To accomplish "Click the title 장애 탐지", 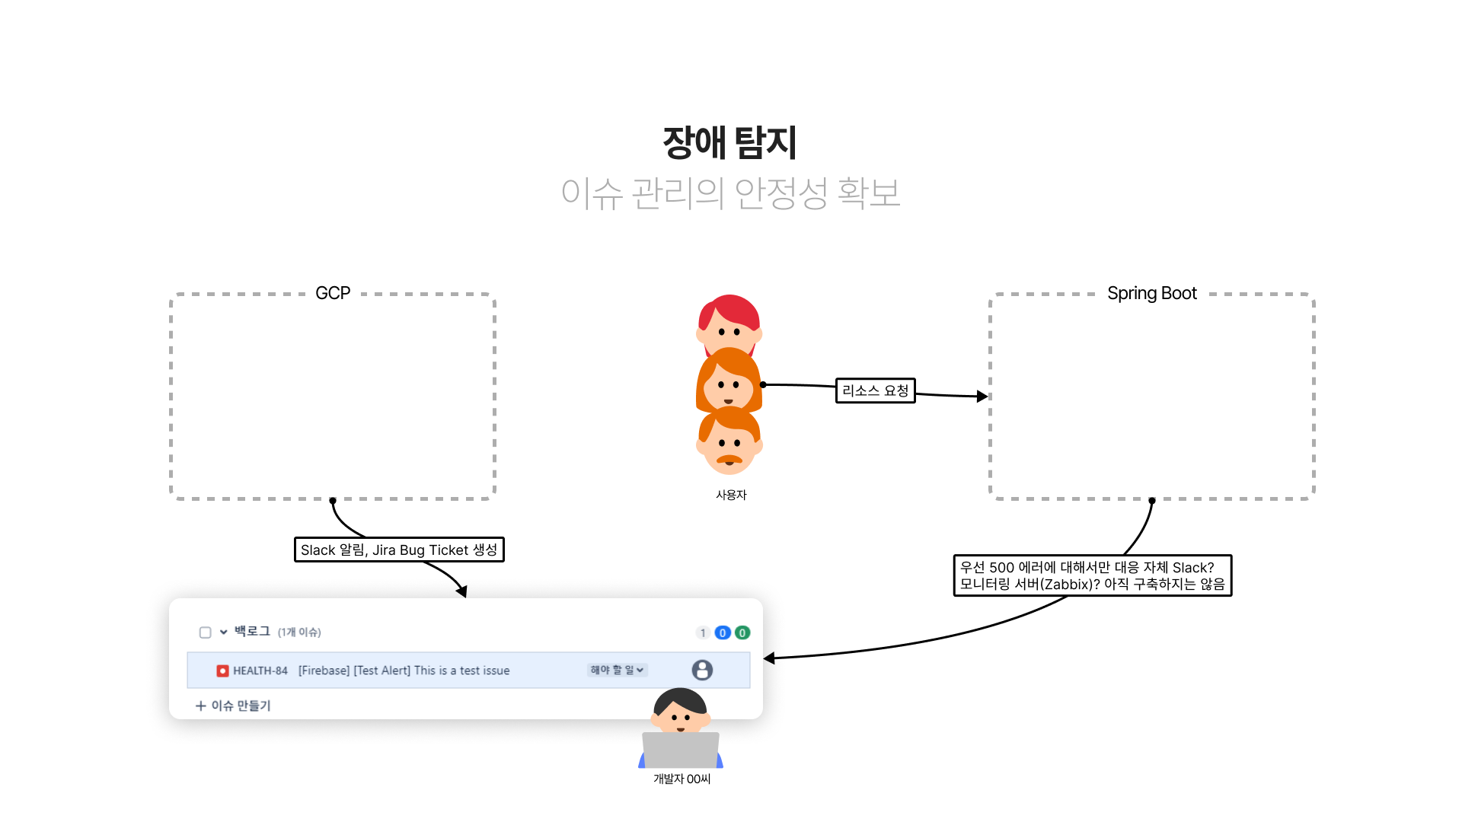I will [729, 142].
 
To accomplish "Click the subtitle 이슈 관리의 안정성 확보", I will [730, 193].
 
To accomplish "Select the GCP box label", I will [333, 293].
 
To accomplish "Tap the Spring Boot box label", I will [1151, 293].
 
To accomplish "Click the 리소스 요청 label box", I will [875, 390].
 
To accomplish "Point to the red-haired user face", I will [729, 323].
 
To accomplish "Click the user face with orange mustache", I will [729, 444].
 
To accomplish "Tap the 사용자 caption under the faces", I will [731, 495].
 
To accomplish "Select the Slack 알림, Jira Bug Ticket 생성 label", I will [399, 550].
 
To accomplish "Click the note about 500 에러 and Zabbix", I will [1092, 575].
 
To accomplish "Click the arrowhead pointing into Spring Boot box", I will [982, 397].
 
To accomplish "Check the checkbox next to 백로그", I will [205, 632].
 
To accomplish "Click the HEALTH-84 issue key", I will [260, 671].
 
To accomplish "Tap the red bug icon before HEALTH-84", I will [222, 671].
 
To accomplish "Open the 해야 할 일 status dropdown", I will [617, 670].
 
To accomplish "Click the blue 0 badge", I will [723, 632].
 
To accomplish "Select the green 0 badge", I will [742, 632].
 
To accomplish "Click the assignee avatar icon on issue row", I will [702, 670].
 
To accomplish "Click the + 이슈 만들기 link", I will [233, 706].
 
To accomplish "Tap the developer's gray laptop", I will [681, 750].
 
